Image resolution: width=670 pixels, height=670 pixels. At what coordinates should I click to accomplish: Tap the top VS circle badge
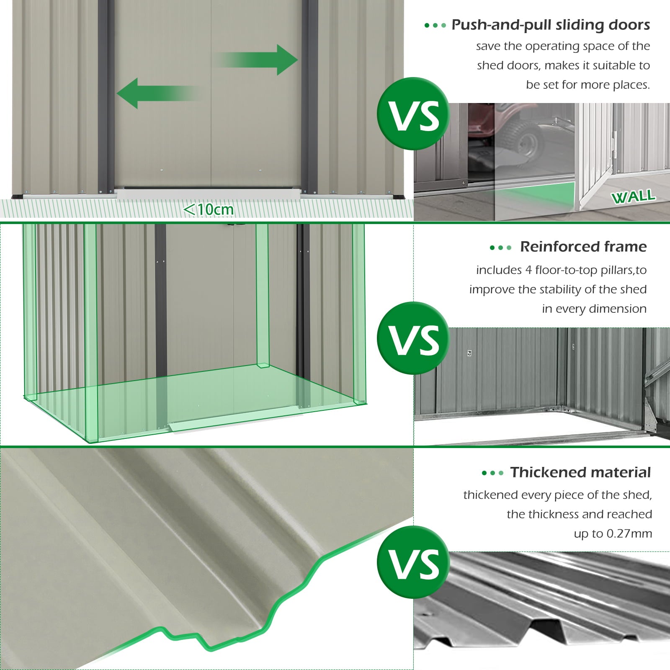[413, 114]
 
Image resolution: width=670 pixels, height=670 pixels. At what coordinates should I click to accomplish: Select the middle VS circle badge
[413, 338]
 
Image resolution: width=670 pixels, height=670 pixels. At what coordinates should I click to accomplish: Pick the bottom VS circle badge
[413, 562]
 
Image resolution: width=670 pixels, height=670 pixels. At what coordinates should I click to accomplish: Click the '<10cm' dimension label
[209, 209]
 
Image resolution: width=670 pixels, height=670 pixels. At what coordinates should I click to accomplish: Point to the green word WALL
[633, 196]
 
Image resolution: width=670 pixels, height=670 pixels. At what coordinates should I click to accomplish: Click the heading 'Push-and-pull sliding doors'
[550, 25]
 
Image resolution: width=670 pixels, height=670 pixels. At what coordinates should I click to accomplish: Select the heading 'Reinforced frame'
[583, 247]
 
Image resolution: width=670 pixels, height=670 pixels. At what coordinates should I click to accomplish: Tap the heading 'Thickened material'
[580, 472]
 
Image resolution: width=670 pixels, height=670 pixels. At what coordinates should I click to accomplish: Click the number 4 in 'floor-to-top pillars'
[528, 270]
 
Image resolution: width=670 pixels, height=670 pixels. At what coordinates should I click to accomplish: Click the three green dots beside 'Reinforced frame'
[500, 247]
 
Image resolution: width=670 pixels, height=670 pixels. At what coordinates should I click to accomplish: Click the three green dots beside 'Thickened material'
[492, 473]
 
